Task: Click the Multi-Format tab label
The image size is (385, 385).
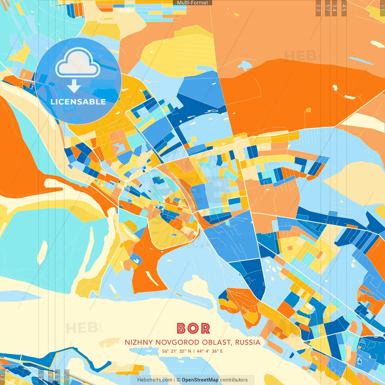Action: pyautogui.click(x=192, y=3)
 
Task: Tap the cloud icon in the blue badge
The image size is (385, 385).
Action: pyautogui.click(x=78, y=63)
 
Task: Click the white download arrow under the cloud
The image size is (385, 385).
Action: pyautogui.click(x=74, y=86)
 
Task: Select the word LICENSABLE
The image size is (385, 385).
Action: pyautogui.click(x=78, y=102)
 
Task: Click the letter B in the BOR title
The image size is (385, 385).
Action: pyautogui.click(x=181, y=328)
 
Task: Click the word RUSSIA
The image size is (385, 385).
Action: pyautogui.click(x=248, y=342)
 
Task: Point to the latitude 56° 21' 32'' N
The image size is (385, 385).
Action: pyautogui.click(x=177, y=351)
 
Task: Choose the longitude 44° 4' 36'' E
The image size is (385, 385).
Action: pyautogui.click(x=210, y=351)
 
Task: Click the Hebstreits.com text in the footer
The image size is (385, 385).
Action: pyautogui.click(x=155, y=380)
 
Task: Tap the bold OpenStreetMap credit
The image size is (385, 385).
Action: pyautogui.click(x=200, y=380)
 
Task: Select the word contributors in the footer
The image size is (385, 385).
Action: pyautogui.click(x=234, y=380)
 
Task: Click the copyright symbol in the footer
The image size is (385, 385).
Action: pyautogui.click(x=178, y=380)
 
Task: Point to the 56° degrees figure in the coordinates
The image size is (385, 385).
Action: pyautogui.click(x=165, y=351)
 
